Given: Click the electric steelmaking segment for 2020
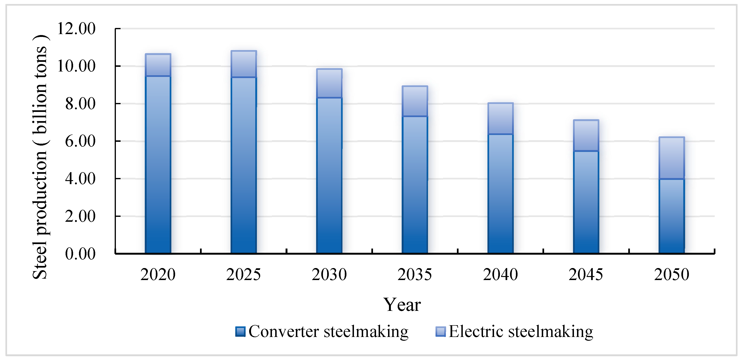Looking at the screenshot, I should pyautogui.click(x=158, y=65).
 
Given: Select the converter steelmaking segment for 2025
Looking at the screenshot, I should pyautogui.click(x=244, y=166).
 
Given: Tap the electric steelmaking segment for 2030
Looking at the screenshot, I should pyautogui.click(x=329, y=83).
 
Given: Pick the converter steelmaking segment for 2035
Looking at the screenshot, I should pyautogui.click(x=415, y=184).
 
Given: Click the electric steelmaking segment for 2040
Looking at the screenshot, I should pyautogui.click(x=501, y=119).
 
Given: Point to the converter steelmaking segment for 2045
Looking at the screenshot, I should pyautogui.click(x=586, y=202).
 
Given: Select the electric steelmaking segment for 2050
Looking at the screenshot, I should pyautogui.click(x=672, y=158).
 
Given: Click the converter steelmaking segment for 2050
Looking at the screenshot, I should pyautogui.click(x=672, y=216).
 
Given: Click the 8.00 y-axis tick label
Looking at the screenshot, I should pyautogui.click(x=80, y=104).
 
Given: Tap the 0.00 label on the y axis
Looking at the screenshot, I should pyautogui.click(x=80, y=254).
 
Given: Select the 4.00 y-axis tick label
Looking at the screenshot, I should pyautogui.click(x=80, y=179).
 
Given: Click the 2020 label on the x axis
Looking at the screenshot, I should pyautogui.click(x=158, y=274).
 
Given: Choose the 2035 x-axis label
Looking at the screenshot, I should pyautogui.click(x=415, y=274).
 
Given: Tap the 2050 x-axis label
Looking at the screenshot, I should pyautogui.click(x=672, y=274).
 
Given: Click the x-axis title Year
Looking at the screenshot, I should pyautogui.click(x=402, y=305).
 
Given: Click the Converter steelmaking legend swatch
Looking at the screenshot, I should pyautogui.click(x=240, y=332).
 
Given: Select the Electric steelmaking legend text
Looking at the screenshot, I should pyautogui.click(x=521, y=332).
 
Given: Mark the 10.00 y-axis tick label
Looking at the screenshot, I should pyautogui.click(x=76, y=66).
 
